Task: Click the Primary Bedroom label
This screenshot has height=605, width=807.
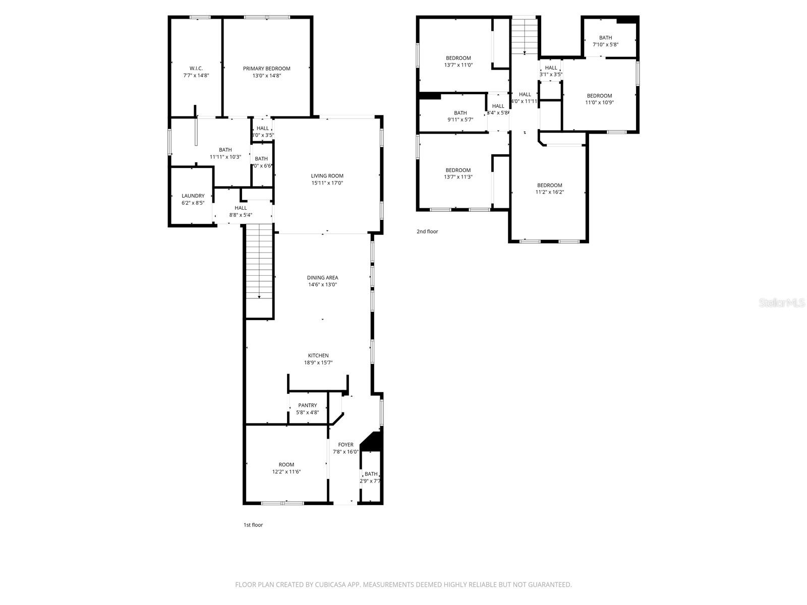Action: (266, 69)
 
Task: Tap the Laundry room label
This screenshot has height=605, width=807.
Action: (193, 196)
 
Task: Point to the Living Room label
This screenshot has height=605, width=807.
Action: (327, 176)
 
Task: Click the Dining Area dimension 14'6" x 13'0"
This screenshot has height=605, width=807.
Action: (322, 285)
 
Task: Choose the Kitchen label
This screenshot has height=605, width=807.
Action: (318, 355)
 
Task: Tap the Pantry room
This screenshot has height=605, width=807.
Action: (307, 408)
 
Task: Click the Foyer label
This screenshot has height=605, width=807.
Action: (345, 445)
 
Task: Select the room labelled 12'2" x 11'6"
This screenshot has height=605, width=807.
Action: (286, 468)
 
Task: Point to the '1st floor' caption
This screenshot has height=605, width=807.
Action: (253, 525)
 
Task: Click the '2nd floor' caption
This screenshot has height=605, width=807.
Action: (427, 231)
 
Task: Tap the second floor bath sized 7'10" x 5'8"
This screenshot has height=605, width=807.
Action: (605, 41)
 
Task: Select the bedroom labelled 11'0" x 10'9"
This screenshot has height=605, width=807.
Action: (599, 99)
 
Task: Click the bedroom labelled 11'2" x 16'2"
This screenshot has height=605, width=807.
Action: (549, 189)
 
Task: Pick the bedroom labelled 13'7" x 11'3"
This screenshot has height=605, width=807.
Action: (458, 173)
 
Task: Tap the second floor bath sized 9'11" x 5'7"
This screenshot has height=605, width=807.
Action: (460, 116)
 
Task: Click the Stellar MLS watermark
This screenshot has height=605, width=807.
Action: (782, 303)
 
